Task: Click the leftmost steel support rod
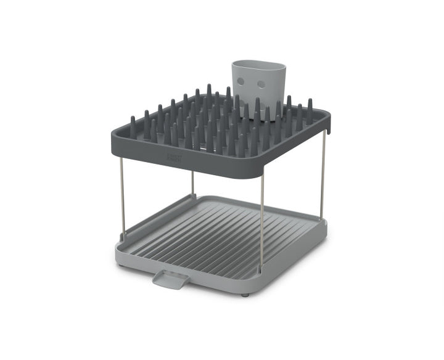click(x=122, y=197)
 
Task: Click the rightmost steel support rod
click(x=323, y=176)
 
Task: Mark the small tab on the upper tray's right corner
click(x=328, y=130)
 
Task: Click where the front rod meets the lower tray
click(x=260, y=270)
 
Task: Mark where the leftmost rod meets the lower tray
click(x=123, y=239)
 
